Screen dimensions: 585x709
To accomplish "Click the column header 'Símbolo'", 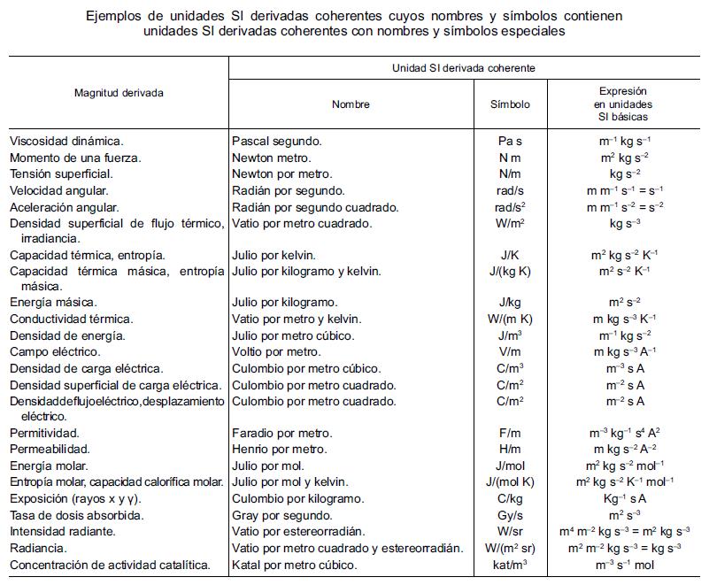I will pos(511,104).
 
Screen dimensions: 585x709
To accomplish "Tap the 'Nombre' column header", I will pos(351,104).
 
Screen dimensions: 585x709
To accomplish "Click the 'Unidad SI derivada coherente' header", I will pos(463,67).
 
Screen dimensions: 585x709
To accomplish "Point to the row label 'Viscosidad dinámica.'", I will pos(66,142).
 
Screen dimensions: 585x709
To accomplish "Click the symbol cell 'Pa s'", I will pos(510,142).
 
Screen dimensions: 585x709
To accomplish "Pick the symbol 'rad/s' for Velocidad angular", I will pos(510,191).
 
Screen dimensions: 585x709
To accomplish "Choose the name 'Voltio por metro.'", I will pos(276,352).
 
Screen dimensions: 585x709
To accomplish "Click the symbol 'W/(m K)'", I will pos(510,319).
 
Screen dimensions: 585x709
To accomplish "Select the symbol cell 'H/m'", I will pos(510,450).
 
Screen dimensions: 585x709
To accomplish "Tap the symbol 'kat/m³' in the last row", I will pos(510,565).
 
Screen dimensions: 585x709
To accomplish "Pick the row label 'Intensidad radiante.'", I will pos(64,532).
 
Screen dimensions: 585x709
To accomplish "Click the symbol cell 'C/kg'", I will pos(510,499).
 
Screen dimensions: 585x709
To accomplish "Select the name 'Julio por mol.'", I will pos(268,466).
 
